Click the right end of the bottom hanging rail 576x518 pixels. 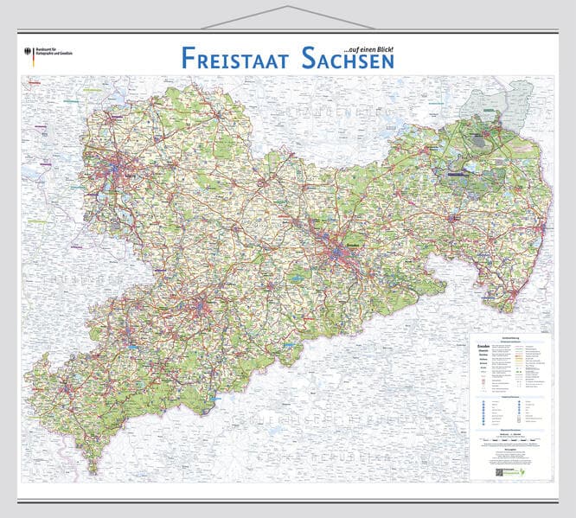pyautogui.click(x=558, y=501)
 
